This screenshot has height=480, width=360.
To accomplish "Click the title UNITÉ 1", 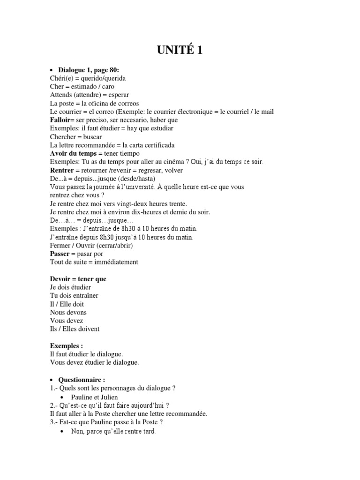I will (x=180, y=50).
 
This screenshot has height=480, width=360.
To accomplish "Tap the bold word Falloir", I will (x=60, y=120).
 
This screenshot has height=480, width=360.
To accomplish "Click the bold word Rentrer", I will (x=62, y=170).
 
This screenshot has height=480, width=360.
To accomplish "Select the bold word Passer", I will (x=60, y=254).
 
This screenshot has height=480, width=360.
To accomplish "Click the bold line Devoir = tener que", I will (x=78, y=279).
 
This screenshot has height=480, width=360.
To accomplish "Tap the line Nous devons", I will (x=68, y=312).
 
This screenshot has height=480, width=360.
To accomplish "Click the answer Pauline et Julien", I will (x=95, y=397).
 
